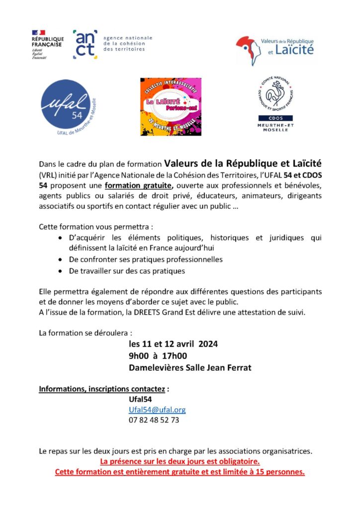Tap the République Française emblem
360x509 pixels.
click(x=47, y=44)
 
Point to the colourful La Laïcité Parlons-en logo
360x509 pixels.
click(x=171, y=106)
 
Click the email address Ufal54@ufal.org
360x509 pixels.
click(x=157, y=410)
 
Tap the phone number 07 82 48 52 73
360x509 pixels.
click(x=154, y=420)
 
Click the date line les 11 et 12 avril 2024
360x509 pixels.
click(x=173, y=343)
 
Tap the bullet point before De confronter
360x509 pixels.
click(x=60, y=259)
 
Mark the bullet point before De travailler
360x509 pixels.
click(x=60, y=271)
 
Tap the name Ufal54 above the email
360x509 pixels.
click(x=140, y=399)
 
